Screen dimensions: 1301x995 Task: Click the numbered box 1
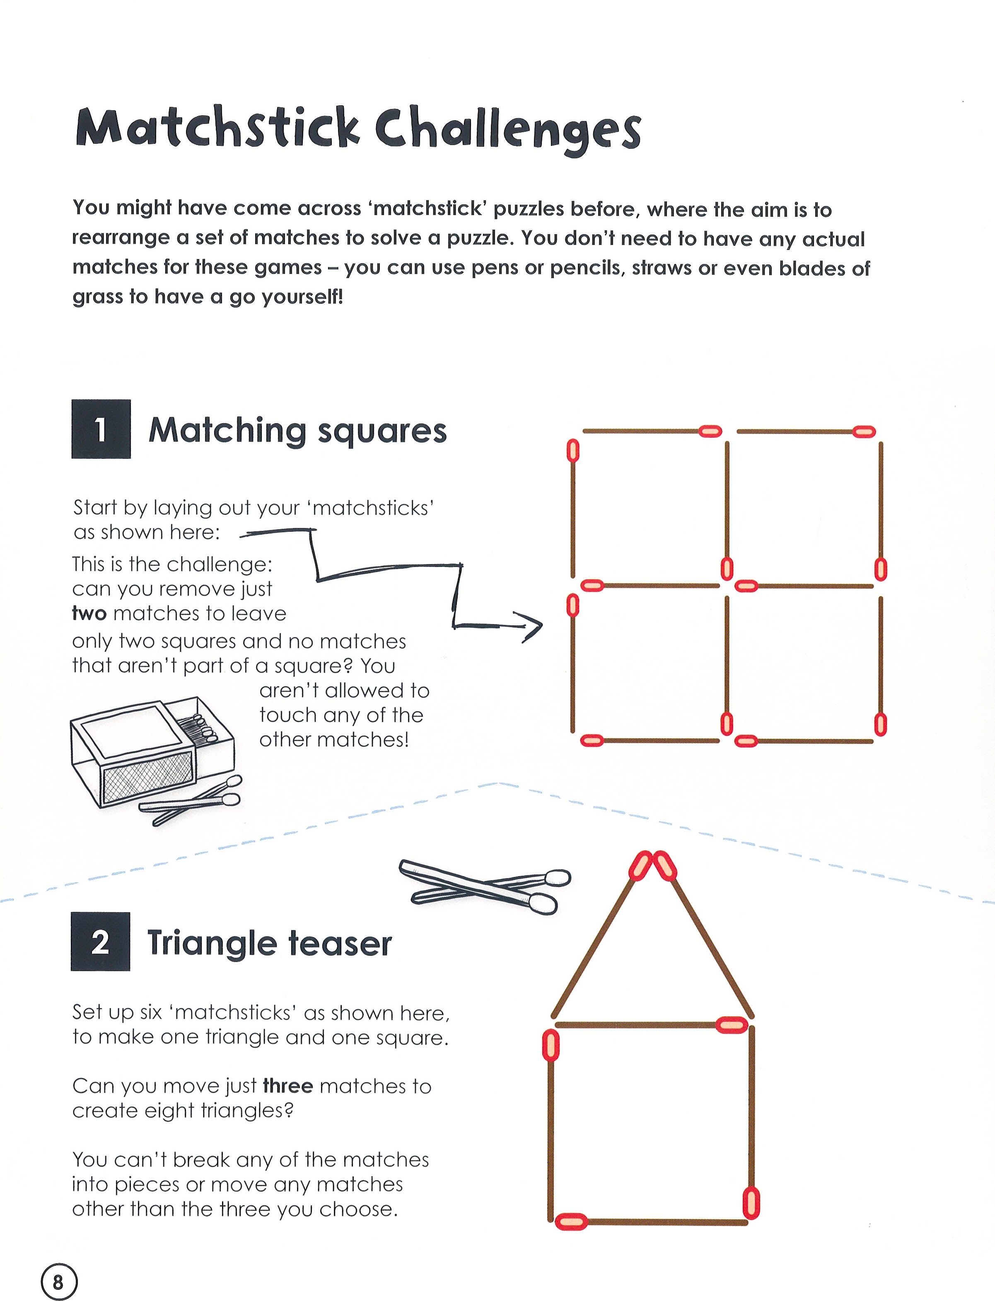pos(101,429)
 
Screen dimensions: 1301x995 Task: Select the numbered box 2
pos(100,941)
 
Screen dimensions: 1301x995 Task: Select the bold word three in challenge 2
pos(288,1086)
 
